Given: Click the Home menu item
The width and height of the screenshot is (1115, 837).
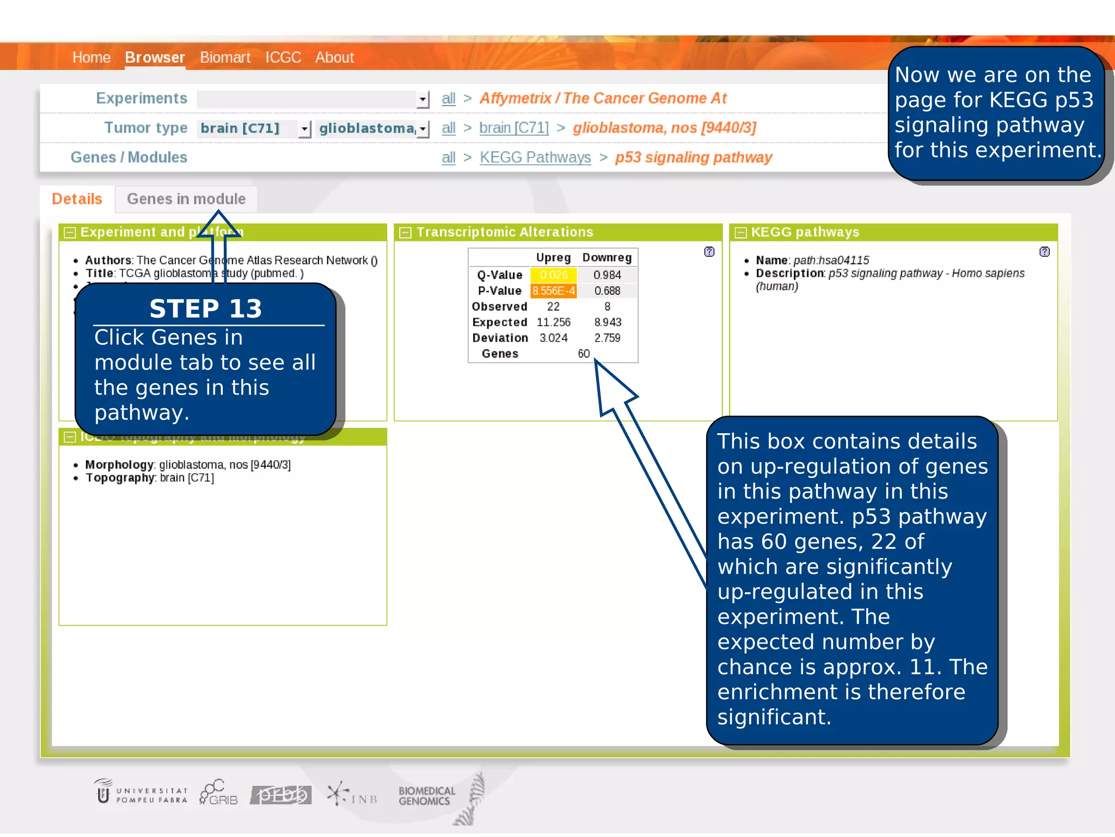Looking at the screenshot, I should (x=91, y=57).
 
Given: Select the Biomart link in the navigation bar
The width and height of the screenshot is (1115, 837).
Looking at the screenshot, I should (x=225, y=57).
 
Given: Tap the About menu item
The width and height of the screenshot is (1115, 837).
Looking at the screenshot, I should (x=334, y=57).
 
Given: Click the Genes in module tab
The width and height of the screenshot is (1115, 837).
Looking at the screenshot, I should (x=186, y=199).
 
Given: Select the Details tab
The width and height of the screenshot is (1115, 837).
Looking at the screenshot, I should (x=77, y=199).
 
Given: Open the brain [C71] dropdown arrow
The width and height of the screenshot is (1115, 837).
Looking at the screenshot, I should (x=304, y=129).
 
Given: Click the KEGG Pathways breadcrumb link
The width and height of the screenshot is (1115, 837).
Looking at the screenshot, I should (x=535, y=157).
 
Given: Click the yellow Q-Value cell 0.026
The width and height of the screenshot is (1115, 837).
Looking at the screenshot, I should (x=553, y=275).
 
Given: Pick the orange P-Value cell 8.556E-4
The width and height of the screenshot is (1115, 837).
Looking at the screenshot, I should (x=553, y=291).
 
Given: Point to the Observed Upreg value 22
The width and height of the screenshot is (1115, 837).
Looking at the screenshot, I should (x=553, y=307).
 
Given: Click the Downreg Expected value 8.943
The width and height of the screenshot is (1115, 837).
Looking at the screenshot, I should (x=608, y=323).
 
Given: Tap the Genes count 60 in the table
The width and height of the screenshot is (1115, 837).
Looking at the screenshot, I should (x=584, y=354).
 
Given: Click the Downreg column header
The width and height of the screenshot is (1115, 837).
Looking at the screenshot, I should (x=607, y=258).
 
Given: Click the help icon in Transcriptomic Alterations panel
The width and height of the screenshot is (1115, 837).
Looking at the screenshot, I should (x=709, y=252).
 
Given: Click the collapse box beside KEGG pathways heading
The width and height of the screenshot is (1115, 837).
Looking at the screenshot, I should (x=740, y=233).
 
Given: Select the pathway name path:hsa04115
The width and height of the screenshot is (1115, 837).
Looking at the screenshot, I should (x=831, y=260).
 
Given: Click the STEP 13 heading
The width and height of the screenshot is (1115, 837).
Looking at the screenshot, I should (x=206, y=309).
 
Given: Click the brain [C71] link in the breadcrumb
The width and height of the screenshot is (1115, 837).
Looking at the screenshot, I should (x=513, y=128).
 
